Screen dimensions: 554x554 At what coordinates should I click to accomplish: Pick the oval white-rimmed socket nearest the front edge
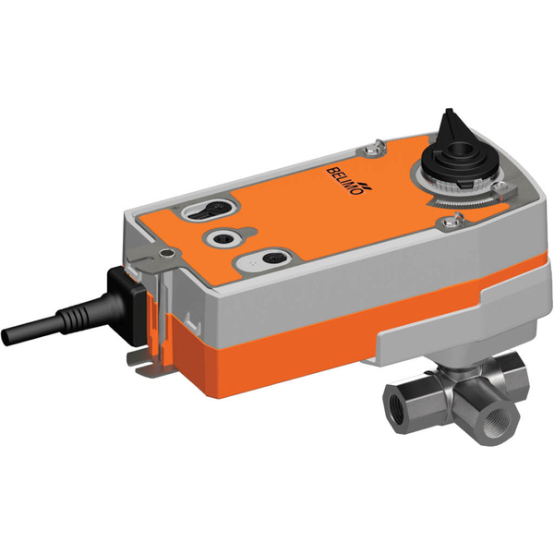click(x=274, y=257)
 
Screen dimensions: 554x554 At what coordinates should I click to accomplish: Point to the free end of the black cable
click(x=12, y=331)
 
